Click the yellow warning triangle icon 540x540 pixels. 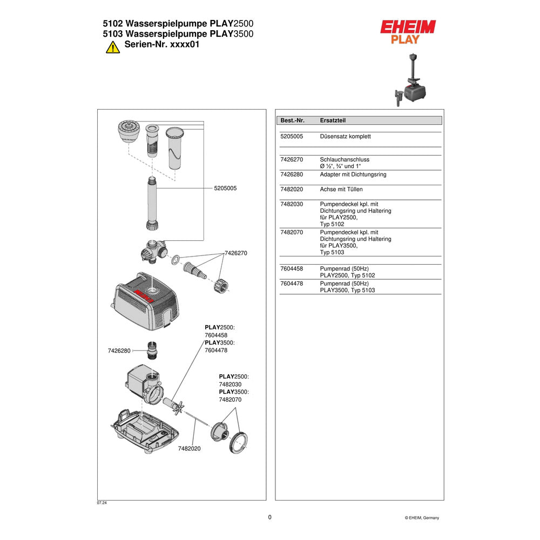[113, 47]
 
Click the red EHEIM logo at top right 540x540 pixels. [408, 27]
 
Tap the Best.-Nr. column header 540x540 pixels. [292, 120]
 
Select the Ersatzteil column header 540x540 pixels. [333, 120]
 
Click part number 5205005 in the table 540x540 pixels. [292, 137]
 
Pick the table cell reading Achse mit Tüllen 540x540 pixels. [341, 190]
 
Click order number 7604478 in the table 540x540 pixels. [292, 283]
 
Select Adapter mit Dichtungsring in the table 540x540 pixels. [353, 174]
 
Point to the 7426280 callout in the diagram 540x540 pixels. [119, 351]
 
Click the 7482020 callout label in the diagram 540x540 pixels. [189, 449]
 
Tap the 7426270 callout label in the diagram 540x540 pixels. [236, 253]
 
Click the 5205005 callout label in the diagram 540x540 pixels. [225, 188]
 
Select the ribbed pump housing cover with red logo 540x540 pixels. [145, 301]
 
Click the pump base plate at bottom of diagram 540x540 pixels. [145, 431]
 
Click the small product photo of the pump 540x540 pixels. [410, 80]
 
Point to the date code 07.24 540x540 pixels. [102, 503]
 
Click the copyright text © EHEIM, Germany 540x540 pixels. [422, 518]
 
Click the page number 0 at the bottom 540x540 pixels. [269, 517]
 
